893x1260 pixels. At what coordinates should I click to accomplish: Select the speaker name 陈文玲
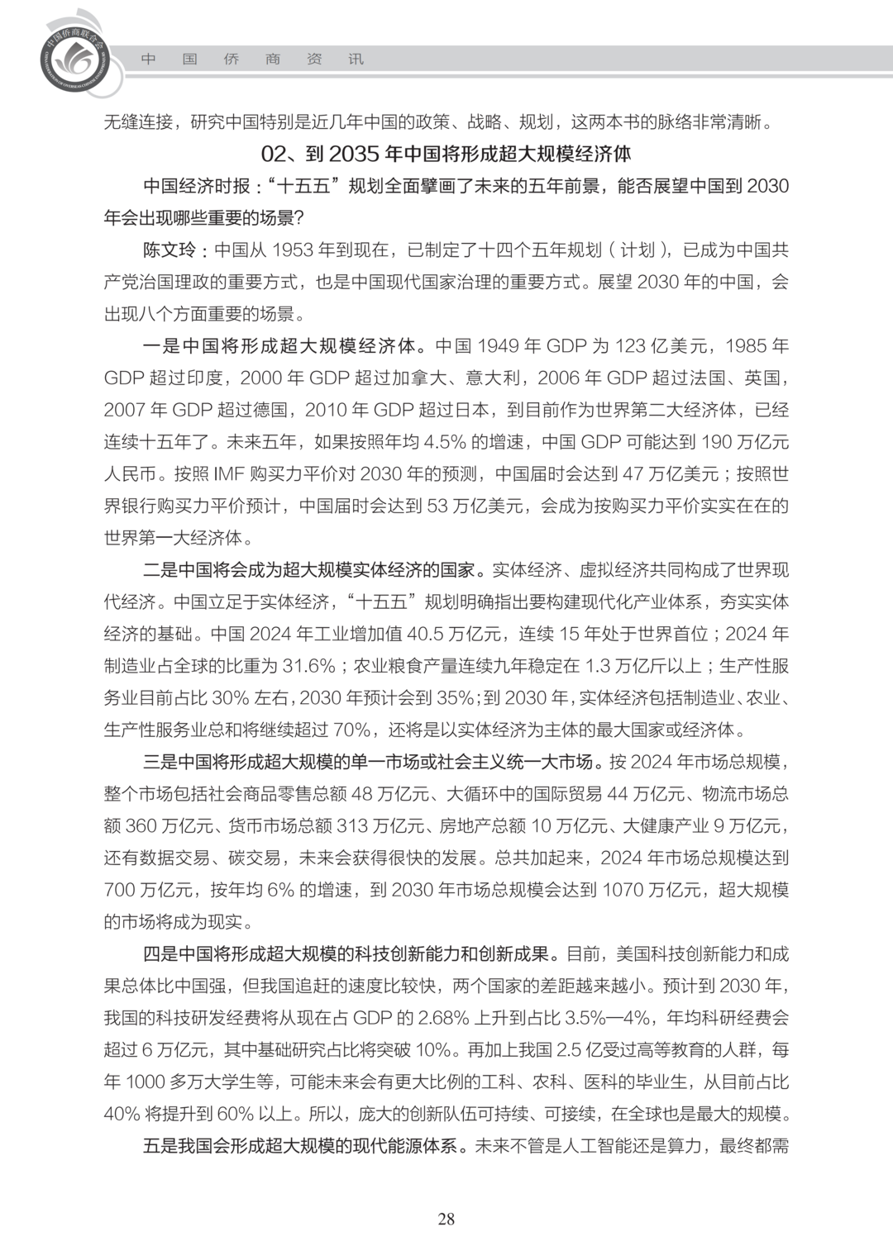pyautogui.click(x=170, y=250)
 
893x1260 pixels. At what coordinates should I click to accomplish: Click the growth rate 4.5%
pyautogui.click(x=445, y=441)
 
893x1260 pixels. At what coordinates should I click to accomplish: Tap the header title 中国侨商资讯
pyautogui.click(x=252, y=59)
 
